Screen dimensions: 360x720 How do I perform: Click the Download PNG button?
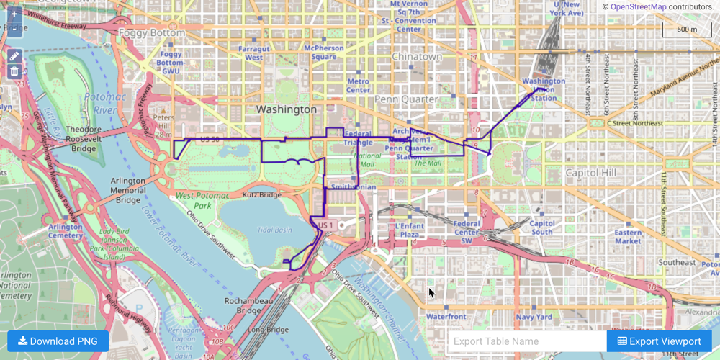pos(58,341)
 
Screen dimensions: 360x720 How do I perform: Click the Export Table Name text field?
pos(526,341)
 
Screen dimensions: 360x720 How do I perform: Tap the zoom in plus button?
pos(14,14)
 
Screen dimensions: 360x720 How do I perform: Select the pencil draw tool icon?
pos(14,56)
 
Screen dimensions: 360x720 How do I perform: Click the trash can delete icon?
pos(14,71)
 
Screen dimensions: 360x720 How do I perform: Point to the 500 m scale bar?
pos(686,30)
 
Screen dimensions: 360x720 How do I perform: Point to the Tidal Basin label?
pos(274,230)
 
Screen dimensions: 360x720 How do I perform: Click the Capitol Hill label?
pos(591,174)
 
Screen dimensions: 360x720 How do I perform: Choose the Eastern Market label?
pos(628,237)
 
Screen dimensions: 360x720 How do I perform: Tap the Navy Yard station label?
pos(534,317)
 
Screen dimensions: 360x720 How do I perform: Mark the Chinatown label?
pos(417,56)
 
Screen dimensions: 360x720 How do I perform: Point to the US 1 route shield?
pos(325,225)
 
